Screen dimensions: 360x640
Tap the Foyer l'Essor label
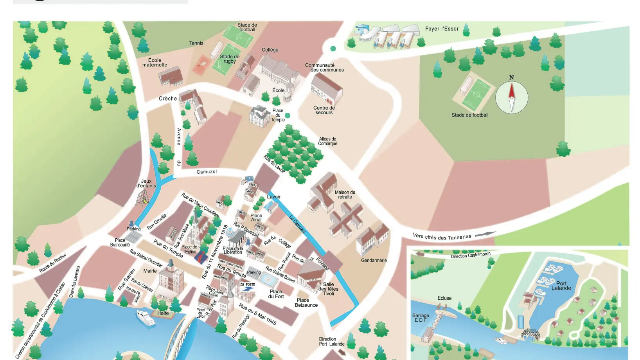442,29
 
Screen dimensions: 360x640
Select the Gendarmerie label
374,260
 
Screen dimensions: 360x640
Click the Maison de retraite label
345,194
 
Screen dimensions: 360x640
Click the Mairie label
150,271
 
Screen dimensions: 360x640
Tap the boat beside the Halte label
146,318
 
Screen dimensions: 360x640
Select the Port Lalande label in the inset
561,286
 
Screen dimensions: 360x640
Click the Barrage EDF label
420,317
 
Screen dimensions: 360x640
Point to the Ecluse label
444,298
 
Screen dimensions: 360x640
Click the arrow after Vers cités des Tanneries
485,234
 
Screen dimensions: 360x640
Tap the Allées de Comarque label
327,141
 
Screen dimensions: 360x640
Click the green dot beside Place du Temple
288,115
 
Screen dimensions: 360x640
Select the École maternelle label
155,63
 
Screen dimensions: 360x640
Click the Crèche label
168,99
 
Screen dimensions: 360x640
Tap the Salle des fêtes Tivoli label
328,289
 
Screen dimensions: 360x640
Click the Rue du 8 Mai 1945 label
257,314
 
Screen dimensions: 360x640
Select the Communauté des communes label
324,68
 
